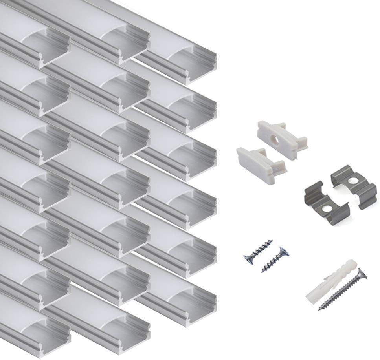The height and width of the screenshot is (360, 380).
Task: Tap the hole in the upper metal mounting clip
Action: [x=352, y=181]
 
